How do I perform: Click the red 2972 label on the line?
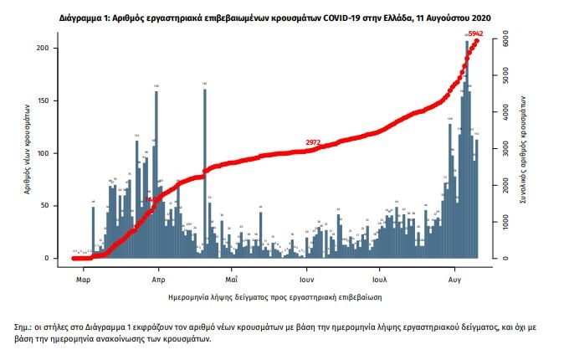[314, 143]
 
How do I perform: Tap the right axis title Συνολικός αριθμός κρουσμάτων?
[525, 147]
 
